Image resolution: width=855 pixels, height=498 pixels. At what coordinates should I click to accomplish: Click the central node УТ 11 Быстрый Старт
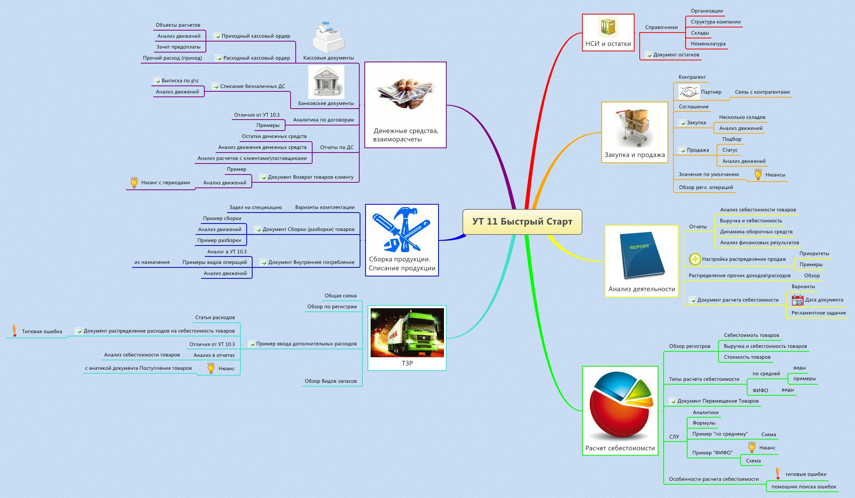click(522, 222)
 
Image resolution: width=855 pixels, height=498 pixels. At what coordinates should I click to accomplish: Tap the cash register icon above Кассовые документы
click(328, 38)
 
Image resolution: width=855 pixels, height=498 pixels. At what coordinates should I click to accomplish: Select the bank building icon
click(326, 82)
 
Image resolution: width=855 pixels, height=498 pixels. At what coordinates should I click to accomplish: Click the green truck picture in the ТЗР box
click(407, 333)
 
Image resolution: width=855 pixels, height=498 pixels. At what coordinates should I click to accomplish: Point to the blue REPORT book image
click(641, 255)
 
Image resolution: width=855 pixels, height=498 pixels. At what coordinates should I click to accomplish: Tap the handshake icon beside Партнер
click(689, 92)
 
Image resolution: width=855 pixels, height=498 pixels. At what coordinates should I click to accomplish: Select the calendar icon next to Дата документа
click(797, 300)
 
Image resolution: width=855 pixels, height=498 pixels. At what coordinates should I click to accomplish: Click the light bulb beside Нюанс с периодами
click(134, 182)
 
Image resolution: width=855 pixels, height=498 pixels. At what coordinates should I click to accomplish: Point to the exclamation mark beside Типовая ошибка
click(15, 331)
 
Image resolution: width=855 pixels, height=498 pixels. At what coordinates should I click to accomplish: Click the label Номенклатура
click(708, 44)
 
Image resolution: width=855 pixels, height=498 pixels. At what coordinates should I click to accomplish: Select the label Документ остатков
click(676, 55)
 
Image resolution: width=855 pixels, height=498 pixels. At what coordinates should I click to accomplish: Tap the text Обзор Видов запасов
click(331, 381)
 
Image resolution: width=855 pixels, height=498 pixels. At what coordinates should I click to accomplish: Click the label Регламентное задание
click(818, 313)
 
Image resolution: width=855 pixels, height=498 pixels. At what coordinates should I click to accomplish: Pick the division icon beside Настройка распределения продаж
click(695, 259)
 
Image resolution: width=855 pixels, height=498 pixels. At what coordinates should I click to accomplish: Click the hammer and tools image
click(402, 230)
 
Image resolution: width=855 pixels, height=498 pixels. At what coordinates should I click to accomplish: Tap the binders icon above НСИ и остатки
click(608, 27)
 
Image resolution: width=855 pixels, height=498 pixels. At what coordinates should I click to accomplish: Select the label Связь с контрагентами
click(762, 92)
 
